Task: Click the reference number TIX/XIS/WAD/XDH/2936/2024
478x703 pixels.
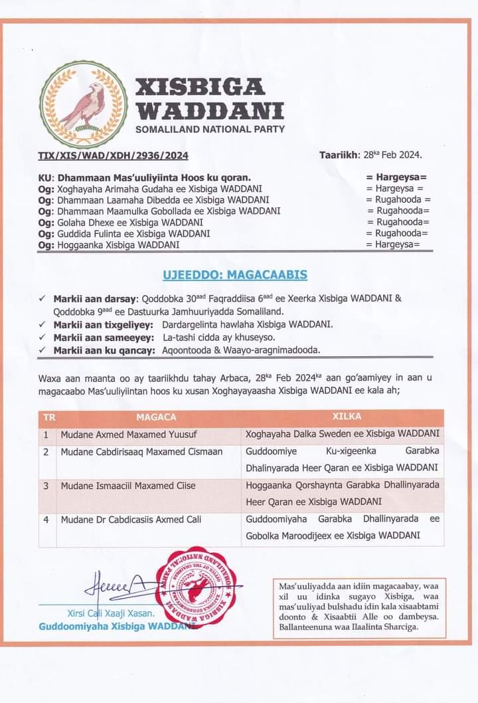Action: coord(113,156)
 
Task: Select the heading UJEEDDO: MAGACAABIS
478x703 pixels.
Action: coord(235,274)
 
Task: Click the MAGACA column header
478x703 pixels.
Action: coord(156,417)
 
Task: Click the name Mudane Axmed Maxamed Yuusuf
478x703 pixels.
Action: coord(119,435)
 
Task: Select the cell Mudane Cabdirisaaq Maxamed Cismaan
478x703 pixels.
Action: coord(132,452)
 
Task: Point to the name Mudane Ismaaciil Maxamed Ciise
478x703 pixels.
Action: coord(128,486)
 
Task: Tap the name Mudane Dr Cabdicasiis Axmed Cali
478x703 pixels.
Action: coord(131,520)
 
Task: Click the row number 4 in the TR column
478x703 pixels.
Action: coord(46,520)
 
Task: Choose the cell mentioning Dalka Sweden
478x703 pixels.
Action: coord(342,435)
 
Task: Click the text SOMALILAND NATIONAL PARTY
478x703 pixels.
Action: coord(210,128)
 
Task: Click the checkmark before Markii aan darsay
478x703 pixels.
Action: coord(42,298)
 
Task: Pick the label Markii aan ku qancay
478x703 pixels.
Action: coord(102,350)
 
